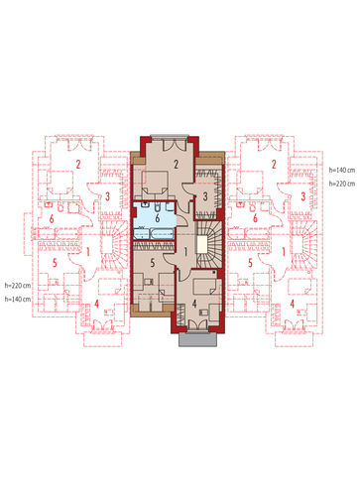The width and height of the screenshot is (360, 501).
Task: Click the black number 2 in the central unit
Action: coord(176,164)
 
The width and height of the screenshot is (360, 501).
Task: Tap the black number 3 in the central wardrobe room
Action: coord(205,196)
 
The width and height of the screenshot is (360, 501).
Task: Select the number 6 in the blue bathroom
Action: coord(158,218)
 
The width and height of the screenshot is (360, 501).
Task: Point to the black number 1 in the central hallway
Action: coord(185,252)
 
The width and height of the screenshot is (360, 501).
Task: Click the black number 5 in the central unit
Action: coord(153,263)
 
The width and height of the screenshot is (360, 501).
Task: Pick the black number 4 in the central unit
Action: coord(194,304)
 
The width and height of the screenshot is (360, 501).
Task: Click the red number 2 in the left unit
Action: coord(78,164)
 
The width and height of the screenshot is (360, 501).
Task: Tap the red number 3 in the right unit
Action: coord(302,196)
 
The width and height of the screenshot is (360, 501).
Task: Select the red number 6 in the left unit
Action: coord(52,219)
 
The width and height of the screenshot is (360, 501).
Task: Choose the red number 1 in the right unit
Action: coord(284,252)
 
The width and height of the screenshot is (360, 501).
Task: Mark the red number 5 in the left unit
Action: coord(55,263)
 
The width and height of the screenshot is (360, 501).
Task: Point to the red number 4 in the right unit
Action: coord(293,304)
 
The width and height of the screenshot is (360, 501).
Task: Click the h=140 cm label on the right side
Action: coord(342,170)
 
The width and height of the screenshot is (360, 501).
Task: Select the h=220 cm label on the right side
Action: coord(342,184)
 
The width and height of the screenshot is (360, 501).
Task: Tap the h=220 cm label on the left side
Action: coord(18,285)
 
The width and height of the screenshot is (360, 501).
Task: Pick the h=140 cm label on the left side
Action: coord(18,299)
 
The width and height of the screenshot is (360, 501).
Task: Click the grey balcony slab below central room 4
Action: coord(198,339)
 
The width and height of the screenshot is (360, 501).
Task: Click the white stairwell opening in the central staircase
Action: coord(201,244)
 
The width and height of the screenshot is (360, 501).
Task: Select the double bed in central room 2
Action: coord(155,182)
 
